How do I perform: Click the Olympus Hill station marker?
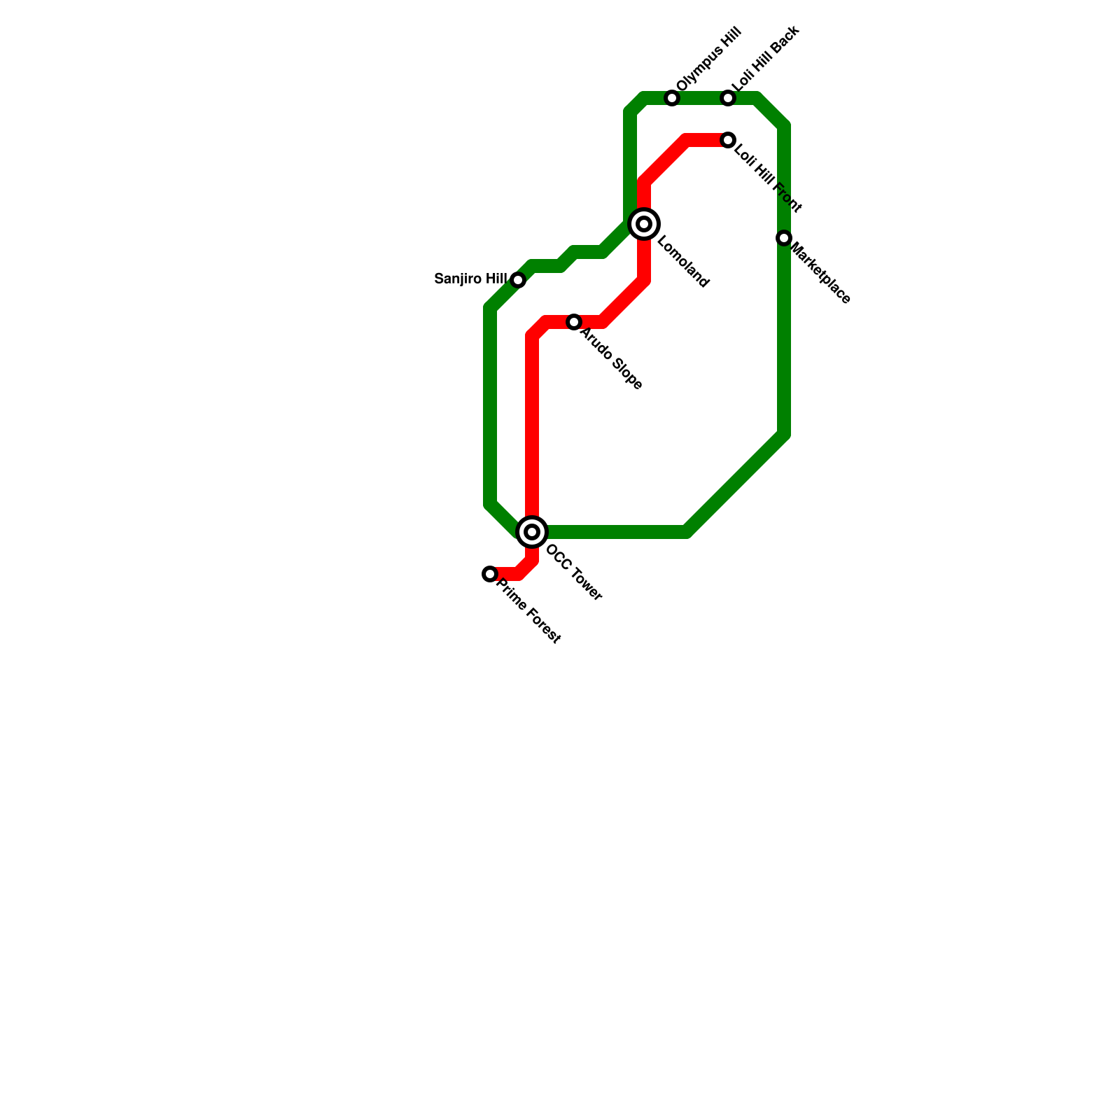[x=672, y=98]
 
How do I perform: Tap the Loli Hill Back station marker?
[x=728, y=98]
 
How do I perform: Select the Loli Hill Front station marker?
[x=728, y=140]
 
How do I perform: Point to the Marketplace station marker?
[x=784, y=238]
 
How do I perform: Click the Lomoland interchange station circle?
[x=644, y=224]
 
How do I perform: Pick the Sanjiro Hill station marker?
[x=518, y=280]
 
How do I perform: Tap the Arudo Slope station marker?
[x=574, y=322]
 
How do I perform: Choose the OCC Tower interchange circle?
[x=532, y=532]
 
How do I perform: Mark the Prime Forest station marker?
[x=490, y=574]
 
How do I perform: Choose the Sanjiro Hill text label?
[x=470, y=279]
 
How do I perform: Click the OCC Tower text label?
[x=573, y=573]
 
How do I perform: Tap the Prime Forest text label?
[x=528, y=612]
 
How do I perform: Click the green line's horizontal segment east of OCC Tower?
[x=616, y=532]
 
